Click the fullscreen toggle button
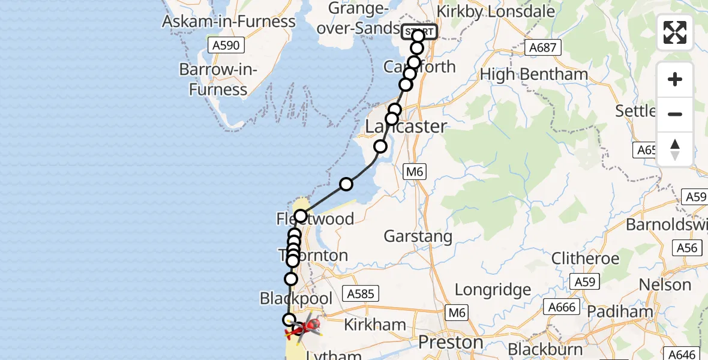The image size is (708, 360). [674, 32]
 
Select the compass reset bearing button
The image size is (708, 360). [674, 149]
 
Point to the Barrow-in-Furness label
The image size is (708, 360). [218, 79]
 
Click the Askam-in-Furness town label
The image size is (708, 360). [229, 22]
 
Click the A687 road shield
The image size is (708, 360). [542, 47]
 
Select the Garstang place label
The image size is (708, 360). [418, 236]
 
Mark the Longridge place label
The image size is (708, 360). [493, 290]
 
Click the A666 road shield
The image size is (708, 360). [562, 308]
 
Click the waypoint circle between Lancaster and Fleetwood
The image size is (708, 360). [346, 184]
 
